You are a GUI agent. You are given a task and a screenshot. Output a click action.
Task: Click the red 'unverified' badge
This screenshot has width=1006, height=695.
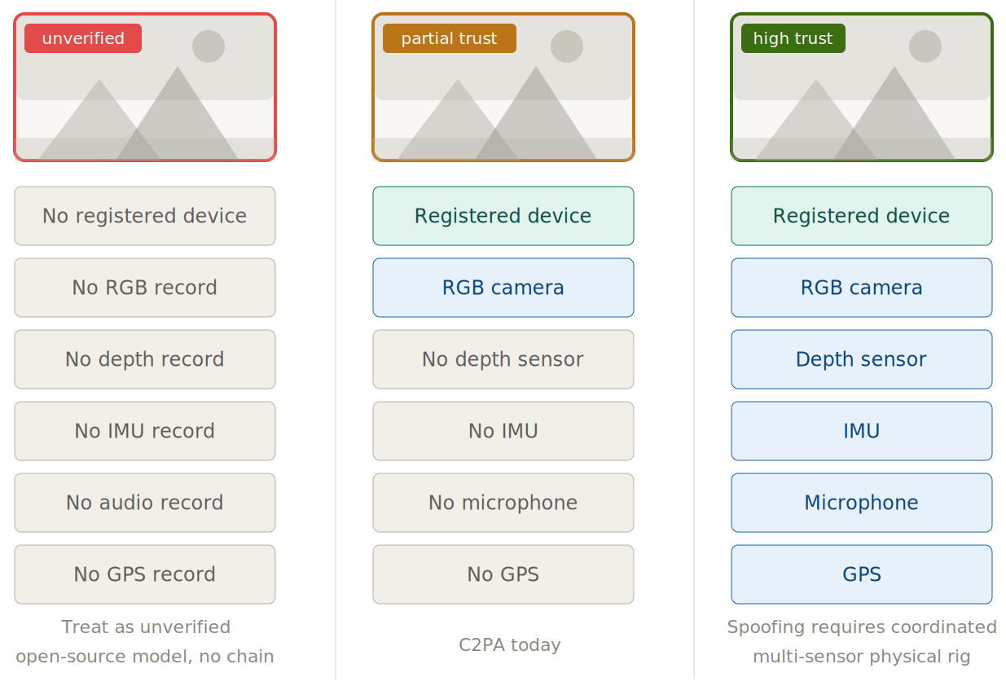[83, 38]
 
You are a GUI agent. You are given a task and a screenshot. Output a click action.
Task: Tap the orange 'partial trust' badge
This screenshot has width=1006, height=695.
[449, 38]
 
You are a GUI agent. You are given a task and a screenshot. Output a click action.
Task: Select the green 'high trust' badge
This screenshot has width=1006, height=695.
[793, 38]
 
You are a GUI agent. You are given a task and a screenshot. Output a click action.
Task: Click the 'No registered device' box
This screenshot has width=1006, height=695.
[145, 216]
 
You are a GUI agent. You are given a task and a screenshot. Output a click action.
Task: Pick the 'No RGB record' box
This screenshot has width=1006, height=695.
[145, 288]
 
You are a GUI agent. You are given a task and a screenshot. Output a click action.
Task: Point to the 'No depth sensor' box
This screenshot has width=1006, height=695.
[503, 359]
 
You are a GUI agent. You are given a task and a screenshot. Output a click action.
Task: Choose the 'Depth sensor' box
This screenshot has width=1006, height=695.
[861, 359]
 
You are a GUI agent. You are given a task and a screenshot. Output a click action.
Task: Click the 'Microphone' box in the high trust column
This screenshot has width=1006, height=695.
[861, 503]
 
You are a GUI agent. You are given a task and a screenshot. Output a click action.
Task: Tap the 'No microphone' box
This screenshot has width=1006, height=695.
[503, 503]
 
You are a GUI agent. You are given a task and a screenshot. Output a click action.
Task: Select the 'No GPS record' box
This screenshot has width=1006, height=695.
[145, 574]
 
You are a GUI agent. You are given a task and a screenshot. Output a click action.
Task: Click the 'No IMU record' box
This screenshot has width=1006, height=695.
[145, 431]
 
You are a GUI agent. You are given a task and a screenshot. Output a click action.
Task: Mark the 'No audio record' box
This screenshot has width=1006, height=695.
[145, 503]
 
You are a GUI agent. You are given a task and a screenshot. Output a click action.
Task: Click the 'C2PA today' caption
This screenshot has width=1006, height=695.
[510, 645]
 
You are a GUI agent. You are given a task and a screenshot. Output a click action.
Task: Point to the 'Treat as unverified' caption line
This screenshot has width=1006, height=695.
[146, 627]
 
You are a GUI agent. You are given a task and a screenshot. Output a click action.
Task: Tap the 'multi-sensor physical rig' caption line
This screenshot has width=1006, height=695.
[861, 657]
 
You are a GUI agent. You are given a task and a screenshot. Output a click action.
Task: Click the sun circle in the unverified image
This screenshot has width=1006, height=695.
[209, 46]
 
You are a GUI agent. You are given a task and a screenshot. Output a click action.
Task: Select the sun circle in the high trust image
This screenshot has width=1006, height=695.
[925, 46]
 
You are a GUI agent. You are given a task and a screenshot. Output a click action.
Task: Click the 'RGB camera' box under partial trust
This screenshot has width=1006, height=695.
[503, 288]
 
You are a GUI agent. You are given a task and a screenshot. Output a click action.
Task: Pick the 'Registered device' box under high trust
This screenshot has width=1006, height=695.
[861, 216]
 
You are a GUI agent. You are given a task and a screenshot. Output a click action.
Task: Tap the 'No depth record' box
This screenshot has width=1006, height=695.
[145, 359]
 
